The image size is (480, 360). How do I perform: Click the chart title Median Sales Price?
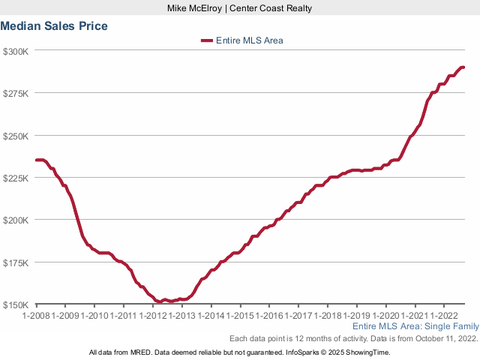pyautogui.click(x=54, y=25)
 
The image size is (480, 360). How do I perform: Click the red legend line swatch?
pyautogui.click(x=207, y=40)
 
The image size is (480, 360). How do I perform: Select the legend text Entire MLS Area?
pyautogui.click(x=249, y=40)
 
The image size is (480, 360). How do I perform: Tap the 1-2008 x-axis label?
pyautogui.click(x=36, y=316)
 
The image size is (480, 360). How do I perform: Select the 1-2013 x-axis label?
pyautogui.click(x=182, y=316)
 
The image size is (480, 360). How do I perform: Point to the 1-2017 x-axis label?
pyautogui.click(x=298, y=316)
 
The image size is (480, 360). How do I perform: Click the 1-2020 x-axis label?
pyautogui.click(x=386, y=316)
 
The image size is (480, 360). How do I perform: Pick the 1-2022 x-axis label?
pyautogui.click(x=444, y=316)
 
